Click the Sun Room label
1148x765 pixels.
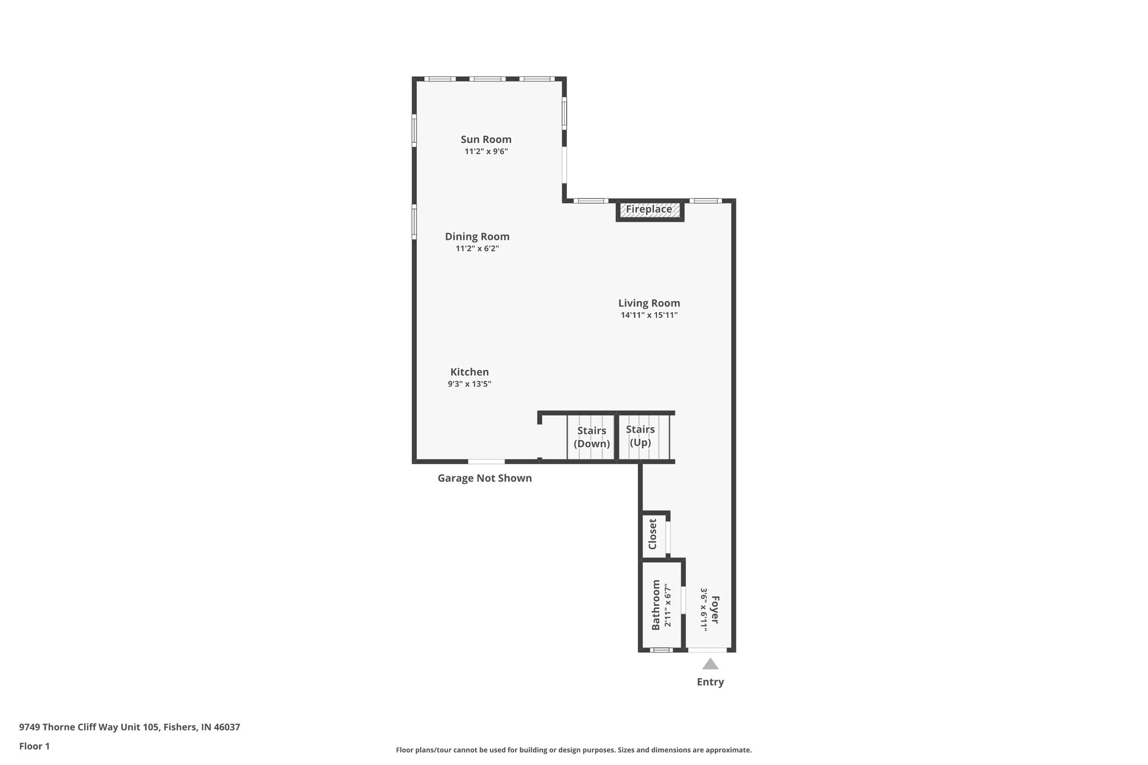point(486,140)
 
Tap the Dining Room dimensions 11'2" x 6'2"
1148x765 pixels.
point(477,249)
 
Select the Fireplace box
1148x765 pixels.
point(649,210)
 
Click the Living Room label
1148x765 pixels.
point(649,303)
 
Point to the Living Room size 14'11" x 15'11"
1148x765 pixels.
point(649,316)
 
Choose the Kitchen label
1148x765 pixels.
point(470,372)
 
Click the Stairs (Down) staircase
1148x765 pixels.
point(591,437)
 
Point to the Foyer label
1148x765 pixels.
point(715,610)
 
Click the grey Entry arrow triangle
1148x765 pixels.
point(710,665)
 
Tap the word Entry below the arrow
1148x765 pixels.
point(710,682)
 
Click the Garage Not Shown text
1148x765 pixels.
point(484,479)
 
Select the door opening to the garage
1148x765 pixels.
point(486,462)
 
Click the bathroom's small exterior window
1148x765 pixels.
point(661,650)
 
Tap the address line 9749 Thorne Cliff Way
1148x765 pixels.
point(129,727)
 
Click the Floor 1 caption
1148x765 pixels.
point(34,747)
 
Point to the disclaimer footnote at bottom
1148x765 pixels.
point(573,750)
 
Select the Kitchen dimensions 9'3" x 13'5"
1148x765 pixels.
point(469,384)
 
